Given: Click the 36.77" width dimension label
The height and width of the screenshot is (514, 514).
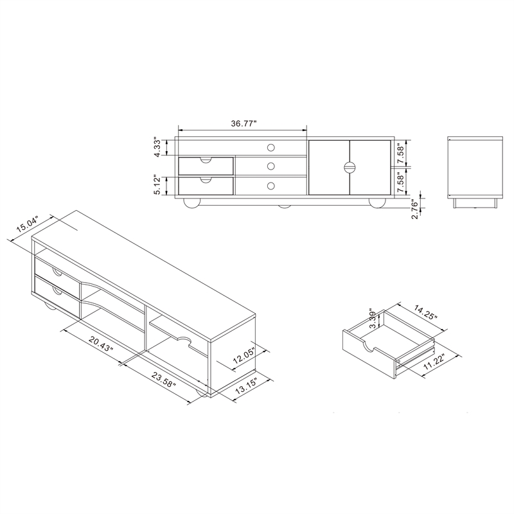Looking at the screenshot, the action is tap(244, 124).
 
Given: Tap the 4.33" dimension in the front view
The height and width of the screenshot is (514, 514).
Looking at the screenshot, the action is tap(158, 148).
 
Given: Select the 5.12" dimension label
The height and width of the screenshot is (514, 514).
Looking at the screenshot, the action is tap(158, 186).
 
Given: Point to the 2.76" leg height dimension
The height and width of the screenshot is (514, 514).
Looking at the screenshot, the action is tap(414, 210).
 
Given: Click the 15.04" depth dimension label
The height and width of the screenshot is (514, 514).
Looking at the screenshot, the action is tap(28, 224).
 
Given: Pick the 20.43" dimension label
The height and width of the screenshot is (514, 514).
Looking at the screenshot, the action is tap(101, 344).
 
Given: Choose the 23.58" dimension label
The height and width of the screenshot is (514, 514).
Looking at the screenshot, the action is tap(164, 379).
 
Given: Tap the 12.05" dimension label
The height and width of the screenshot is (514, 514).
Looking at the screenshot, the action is tap(244, 357).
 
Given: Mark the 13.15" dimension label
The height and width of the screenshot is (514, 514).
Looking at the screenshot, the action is tap(246, 385).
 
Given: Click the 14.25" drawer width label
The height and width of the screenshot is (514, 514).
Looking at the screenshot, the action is tap(425, 312).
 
